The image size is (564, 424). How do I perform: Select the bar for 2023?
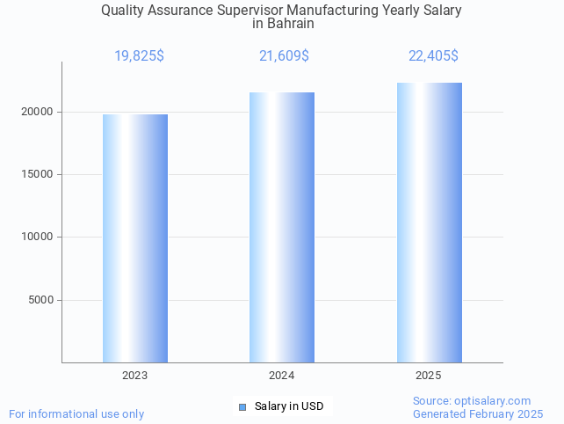(x=135, y=238)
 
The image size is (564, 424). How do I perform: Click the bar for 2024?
(x=282, y=227)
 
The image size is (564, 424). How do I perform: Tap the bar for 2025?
(x=429, y=222)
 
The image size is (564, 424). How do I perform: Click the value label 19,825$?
(x=139, y=56)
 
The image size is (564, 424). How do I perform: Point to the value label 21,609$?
(x=284, y=56)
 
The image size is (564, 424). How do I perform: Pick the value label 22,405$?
(x=433, y=56)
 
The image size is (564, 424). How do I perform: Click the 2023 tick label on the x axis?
(x=135, y=376)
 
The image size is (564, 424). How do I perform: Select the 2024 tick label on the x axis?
(x=282, y=376)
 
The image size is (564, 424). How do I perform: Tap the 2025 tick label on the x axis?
(x=429, y=376)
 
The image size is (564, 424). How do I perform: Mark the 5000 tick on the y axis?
(x=41, y=300)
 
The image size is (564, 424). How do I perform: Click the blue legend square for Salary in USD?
(x=242, y=406)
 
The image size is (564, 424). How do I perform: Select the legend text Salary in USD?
(x=289, y=406)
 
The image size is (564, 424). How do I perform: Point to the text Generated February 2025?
(x=478, y=413)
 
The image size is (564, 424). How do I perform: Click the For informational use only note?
(x=76, y=413)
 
